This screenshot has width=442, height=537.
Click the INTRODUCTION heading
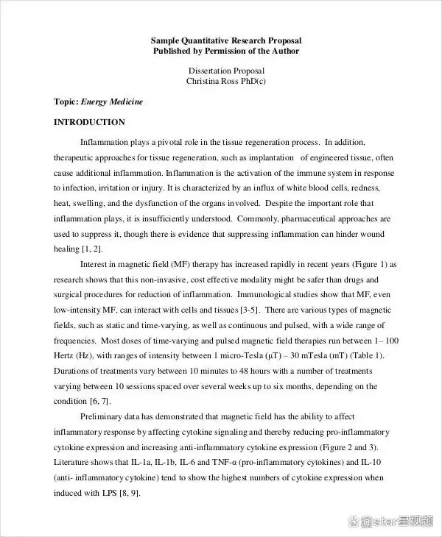(x=89, y=122)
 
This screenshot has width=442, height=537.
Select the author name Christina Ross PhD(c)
(x=226, y=82)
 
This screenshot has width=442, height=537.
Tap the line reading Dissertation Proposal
(x=226, y=71)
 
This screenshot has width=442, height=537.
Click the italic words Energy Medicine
(x=112, y=102)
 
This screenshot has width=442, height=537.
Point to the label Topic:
(x=66, y=102)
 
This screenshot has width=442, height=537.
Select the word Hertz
(x=66, y=355)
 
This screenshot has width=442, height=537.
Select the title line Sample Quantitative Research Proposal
(x=226, y=40)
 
